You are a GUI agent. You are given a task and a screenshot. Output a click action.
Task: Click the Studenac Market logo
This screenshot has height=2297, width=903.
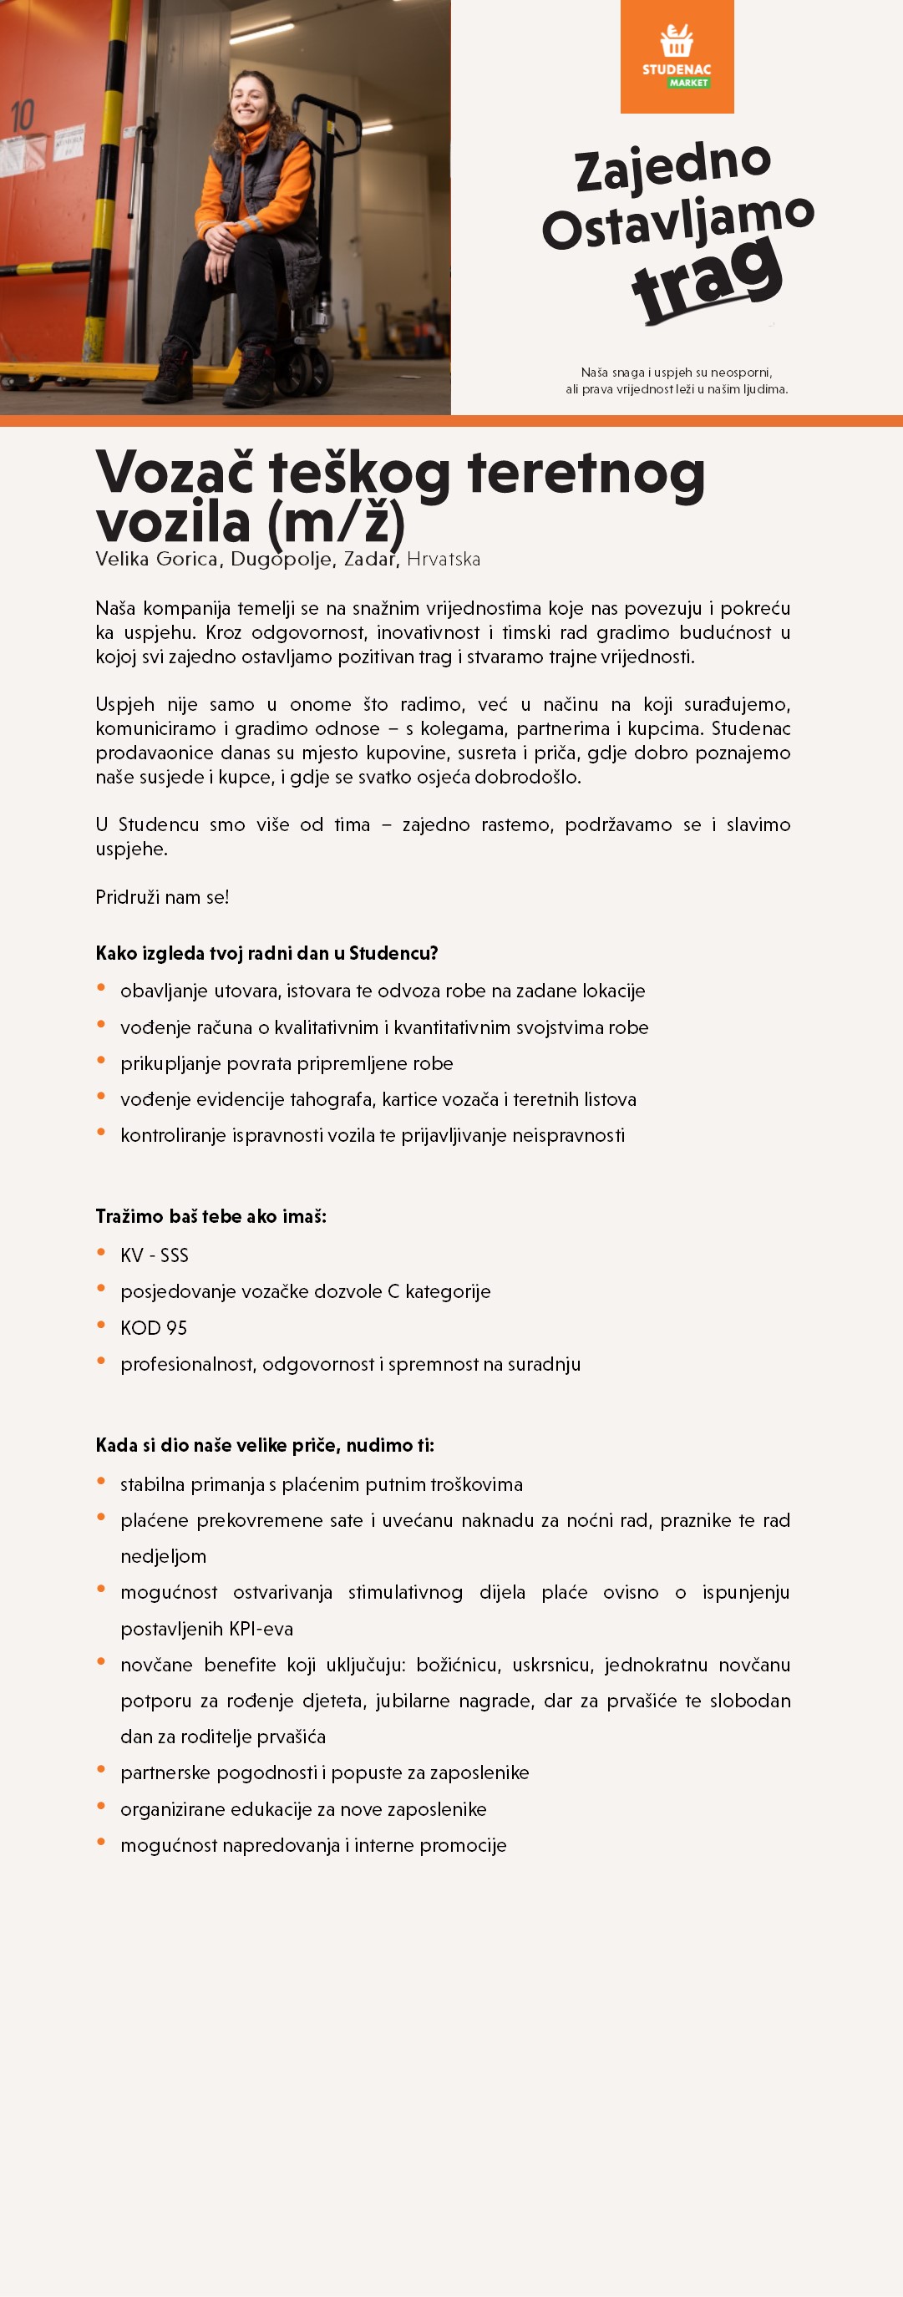(677, 57)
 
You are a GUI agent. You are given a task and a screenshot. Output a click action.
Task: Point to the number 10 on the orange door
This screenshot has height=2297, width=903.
(23, 115)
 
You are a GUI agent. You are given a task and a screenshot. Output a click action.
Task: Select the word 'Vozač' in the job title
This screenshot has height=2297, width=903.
(175, 472)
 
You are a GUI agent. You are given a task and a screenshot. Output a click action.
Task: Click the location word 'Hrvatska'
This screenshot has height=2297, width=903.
(443, 559)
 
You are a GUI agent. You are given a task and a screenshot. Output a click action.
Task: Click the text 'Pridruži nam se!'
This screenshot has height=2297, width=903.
(162, 897)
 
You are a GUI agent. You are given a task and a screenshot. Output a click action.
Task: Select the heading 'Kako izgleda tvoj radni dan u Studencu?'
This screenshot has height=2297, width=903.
(266, 953)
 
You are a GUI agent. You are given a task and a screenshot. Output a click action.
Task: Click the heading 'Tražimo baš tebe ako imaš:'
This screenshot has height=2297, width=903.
(211, 1216)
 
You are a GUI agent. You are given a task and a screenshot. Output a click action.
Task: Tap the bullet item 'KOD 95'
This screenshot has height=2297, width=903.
(154, 1328)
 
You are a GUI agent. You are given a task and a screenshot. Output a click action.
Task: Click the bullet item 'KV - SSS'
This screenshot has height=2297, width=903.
(155, 1255)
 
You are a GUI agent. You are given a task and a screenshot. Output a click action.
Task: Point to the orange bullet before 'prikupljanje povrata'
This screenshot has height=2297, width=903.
(102, 1060)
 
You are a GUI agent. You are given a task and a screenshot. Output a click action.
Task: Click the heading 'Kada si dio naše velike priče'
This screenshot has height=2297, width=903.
(264, 1445)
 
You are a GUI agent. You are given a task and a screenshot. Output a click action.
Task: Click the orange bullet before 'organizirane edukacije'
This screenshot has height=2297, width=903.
(102, 1806)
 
